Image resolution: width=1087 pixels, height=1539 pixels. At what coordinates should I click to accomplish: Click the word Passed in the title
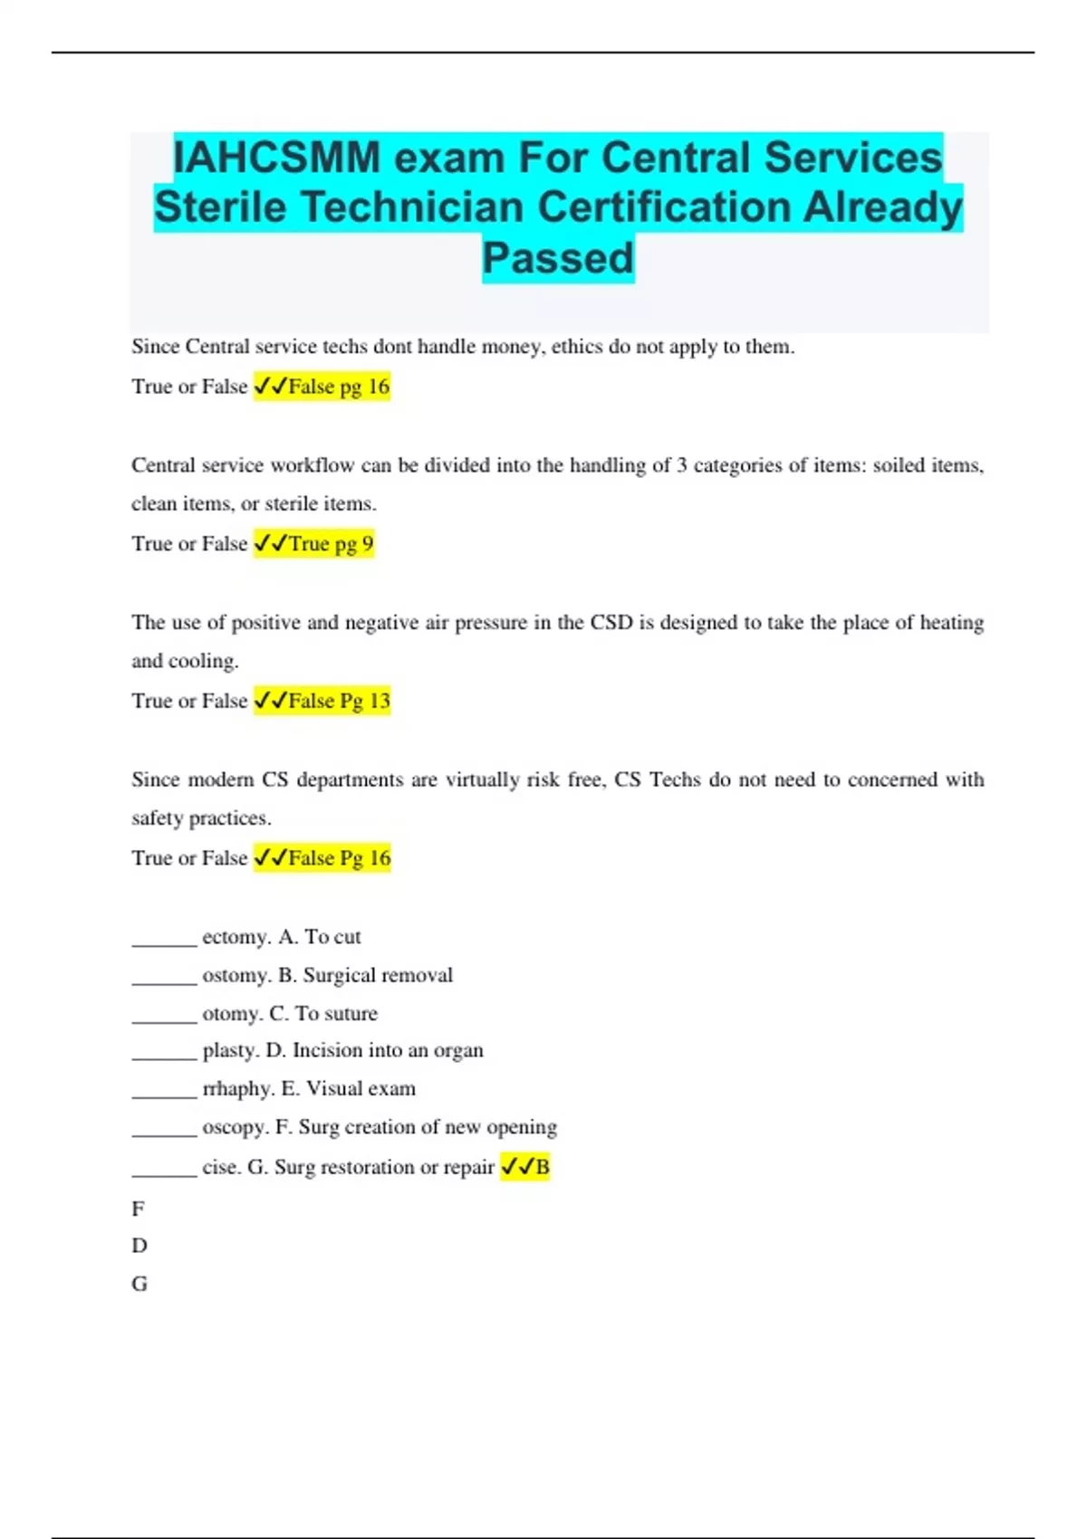(558, 258)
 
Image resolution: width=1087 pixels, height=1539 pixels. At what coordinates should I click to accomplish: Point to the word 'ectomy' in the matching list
(236, 937)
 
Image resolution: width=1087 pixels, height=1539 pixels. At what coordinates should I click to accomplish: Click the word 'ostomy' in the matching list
(236, 975)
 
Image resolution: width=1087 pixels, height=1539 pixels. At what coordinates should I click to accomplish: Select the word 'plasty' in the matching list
(230, 1050)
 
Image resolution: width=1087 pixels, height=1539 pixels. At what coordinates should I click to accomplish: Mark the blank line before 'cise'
(164, 1173)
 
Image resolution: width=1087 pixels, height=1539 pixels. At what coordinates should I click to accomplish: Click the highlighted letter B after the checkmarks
(543, 1167)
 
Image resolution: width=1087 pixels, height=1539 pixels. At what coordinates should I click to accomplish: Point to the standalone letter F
(138, 1209)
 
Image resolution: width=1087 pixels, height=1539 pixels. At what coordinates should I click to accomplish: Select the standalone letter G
(139, 1284)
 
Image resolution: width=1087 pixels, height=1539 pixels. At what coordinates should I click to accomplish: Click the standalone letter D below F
(139, 1246)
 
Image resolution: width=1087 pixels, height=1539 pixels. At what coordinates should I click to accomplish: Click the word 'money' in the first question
(513, 347)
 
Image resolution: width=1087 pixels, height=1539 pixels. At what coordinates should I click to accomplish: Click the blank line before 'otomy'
(164, 1020)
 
